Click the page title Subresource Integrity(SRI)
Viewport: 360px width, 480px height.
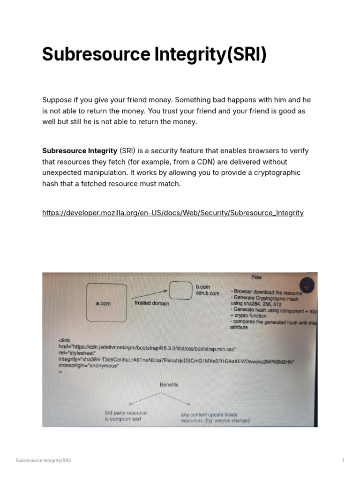[154, 54]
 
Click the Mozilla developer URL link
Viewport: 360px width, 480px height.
[173, 213]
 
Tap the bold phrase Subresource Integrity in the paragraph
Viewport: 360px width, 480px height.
[80, 151]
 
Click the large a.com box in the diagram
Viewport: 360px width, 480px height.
[106, 303]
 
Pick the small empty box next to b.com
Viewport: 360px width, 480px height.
[180, 290]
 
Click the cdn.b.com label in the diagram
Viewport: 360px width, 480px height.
[207, 293]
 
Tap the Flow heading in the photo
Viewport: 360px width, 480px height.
[256, 277]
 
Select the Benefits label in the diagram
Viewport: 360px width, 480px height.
[169, 385]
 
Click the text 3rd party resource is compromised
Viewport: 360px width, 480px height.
[125, 416]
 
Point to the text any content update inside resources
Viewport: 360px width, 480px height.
[215, 418]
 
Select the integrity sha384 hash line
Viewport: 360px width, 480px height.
[176, 360]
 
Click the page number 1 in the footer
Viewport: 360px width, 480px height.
[343, 460]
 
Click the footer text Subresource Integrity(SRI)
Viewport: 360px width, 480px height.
[43, 460]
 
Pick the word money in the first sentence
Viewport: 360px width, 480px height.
[139, 100]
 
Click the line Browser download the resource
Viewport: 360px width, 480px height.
[267, 292]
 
